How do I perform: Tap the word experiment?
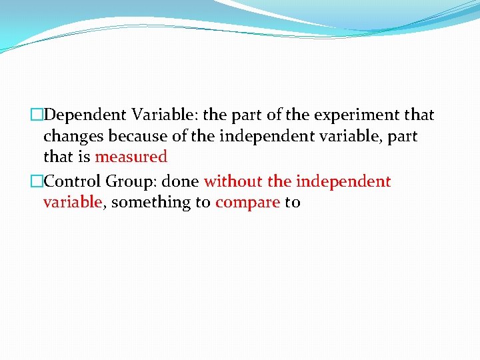(356, 115)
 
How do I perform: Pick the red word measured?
(131, 157)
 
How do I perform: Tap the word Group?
(127, 181)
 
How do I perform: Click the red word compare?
(247, 203)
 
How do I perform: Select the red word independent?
(343, 181)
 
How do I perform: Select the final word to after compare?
(293, 203)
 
